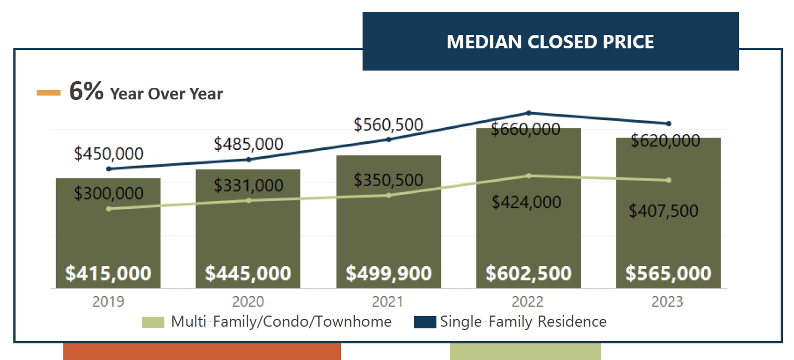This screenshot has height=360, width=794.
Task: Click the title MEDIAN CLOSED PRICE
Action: [x=550, y=42]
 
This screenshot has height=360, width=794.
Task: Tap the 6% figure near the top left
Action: [x=86, y=91]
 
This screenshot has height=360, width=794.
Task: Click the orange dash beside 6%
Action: [x=48, y=93]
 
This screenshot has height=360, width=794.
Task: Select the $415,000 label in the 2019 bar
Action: [x=108, y=273]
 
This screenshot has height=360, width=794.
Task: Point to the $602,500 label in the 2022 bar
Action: [x=529, y=273]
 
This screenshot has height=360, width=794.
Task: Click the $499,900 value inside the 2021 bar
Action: [x=389, y=273]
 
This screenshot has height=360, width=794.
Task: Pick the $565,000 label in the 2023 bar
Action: [x=668, y=273]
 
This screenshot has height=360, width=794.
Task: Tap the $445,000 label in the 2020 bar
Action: [x=248, y=273]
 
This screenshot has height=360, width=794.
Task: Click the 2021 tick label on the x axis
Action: [x=388, y=302]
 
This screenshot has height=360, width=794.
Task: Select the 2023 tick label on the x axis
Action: [x=667, y=302]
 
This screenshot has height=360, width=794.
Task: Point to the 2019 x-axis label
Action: [x=108, y=302]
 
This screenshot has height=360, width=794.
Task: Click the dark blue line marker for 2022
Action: [x=529, y=113]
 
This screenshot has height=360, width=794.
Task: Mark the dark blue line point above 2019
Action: [x=109, y=169]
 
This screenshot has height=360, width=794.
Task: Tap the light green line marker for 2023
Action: [x=669, y=180]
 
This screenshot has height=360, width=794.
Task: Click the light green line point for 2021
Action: [x=389, y=196]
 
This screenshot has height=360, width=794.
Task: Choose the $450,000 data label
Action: [x=108, y=154]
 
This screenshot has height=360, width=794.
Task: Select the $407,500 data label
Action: [x=664, y=211]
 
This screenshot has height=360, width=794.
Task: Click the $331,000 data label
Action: [x=249, y=186]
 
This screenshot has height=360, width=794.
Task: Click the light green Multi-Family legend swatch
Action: [x=153, y=322]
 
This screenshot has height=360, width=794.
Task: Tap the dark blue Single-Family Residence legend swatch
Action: [x=425, y=322]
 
